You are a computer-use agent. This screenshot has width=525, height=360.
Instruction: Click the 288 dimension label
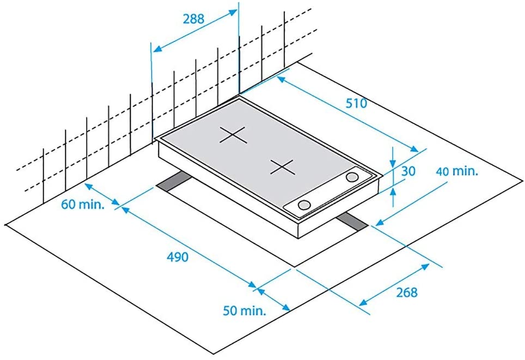click(x=193, y=19)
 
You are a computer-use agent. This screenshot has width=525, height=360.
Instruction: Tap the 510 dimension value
click(x=356, y=103)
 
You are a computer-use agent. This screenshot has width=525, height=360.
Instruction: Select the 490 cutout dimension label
click(x=178, y=257)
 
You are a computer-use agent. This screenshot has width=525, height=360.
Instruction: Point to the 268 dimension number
click(x=407, y=292)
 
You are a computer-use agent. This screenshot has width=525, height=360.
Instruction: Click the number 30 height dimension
click(x=408, y=171)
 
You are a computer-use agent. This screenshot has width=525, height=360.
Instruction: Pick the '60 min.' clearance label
click(x=83, y=204)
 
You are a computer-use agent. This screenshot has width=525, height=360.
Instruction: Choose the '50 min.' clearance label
click(x=245, y=311)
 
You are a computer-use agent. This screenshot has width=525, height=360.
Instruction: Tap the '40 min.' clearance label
click(x=457, y=172)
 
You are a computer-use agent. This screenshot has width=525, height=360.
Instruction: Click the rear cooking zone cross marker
click(x=234, y=135)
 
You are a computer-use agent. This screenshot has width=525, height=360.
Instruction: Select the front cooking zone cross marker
click(x=283, y=167)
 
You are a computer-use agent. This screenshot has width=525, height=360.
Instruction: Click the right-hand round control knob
click(x=352, y=177)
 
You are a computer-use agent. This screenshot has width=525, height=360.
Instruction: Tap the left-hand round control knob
click(x=304, y=205)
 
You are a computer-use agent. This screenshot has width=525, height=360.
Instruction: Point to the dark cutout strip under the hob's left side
click(x=174, y=181)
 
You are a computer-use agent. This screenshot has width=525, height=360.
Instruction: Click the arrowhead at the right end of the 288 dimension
click(x=233, y=13)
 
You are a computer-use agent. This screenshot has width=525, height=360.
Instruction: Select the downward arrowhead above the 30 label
click(x=393, y=163)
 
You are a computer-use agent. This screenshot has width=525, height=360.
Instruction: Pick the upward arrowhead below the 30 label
click(x=393, y=192)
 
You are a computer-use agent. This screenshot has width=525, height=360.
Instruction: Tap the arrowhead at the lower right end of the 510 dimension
click(x=414, y=149)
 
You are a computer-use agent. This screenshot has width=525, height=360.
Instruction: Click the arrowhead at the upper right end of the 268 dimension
click(x=425, y=267)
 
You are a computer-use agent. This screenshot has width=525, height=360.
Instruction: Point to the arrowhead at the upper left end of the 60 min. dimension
click(x=88, y=186)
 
